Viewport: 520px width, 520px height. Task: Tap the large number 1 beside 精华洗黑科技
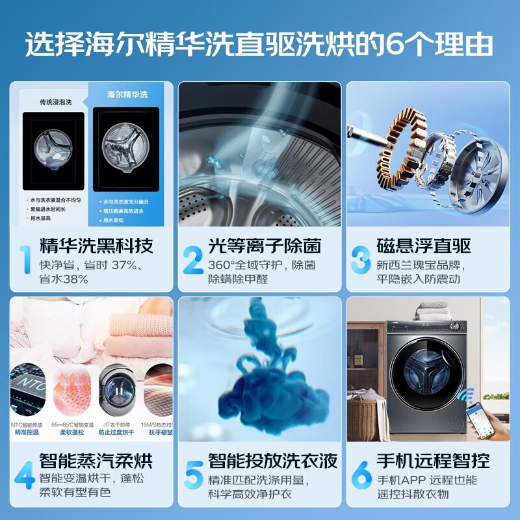click(23, 259)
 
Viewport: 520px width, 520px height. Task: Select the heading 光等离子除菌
click(265, 246)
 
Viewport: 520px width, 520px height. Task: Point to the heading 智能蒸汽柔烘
click(96, 461)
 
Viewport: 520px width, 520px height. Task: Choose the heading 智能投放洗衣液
click(273, 461)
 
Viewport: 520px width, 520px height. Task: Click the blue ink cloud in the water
click(260, 377)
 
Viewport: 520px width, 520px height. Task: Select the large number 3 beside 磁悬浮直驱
click(361, 259)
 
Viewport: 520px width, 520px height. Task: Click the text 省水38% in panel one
click(64, 279)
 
